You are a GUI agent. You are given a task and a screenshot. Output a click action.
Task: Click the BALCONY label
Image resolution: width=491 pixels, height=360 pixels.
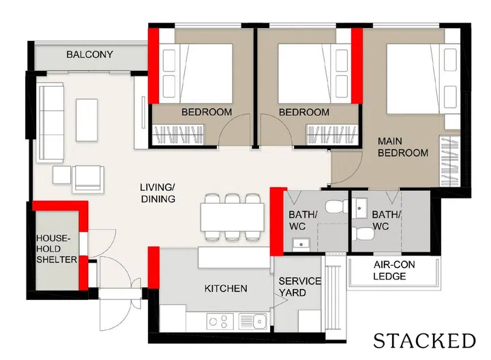pos(89,55)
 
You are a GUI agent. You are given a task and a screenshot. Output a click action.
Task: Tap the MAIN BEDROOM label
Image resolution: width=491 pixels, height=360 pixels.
pos(403,147)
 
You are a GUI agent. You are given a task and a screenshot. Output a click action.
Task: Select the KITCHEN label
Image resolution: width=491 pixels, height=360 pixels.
pos(226,288)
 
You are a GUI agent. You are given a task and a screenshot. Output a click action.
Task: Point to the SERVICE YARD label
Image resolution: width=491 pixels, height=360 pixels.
pos(299,287)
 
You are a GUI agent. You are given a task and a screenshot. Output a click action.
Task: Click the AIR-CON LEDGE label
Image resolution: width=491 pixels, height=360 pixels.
pos(394,271)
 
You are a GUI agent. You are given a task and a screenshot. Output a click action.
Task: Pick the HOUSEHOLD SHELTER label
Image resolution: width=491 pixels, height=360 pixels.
pos(57,249)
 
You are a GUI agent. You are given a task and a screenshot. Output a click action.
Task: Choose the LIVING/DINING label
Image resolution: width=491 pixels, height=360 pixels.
pos(158,193)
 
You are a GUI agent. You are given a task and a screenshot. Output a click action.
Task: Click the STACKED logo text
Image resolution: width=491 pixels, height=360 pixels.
pos(424,341)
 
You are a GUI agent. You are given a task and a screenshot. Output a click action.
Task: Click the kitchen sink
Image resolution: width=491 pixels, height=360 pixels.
pos(253,321)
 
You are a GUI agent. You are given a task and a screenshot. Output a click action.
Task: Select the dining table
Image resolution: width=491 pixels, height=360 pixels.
pos(233,217)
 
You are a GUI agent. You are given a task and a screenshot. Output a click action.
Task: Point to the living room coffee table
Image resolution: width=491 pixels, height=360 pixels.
pos(87,120)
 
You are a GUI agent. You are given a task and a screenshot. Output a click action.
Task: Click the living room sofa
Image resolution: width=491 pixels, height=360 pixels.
pos(50,123)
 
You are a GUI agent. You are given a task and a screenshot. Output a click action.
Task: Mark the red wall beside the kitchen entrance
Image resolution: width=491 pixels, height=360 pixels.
pos(153,268)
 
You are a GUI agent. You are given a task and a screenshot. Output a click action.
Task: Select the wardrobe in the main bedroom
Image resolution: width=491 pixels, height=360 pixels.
pos(449,161)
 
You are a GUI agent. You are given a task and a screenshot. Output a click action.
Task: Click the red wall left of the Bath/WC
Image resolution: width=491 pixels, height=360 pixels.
pos(277,222)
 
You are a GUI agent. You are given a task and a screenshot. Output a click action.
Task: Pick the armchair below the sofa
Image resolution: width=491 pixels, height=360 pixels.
pos(88,179)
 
